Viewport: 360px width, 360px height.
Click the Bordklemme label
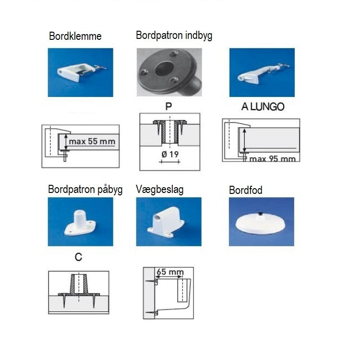pos(75,36)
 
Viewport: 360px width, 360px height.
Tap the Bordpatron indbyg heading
pos(174,35)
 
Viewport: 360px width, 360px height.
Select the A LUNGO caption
pos(263,107)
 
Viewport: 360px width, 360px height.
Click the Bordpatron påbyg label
pos(85,189)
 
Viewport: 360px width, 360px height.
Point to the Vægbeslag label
pos(160,190)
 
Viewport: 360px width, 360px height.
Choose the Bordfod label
pos(246,191)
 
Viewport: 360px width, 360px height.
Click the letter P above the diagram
pos(168,107)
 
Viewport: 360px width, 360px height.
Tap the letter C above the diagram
pos(79,257)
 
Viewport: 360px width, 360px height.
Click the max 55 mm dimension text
pos(92,142)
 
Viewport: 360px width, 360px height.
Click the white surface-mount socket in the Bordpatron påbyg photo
pos(80,221)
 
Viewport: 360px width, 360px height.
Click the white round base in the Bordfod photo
pos(261,223)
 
